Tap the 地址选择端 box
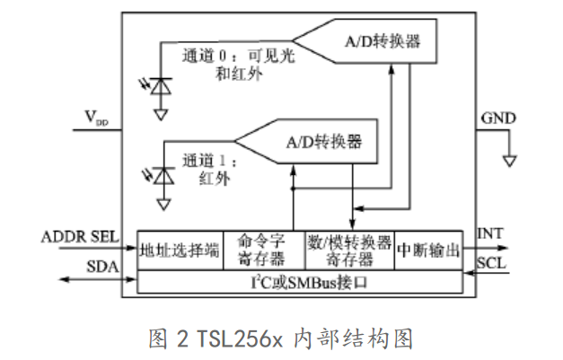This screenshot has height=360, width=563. (x=180, y=250)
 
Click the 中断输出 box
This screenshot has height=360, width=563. (x=428, y=250)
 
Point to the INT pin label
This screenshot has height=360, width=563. (x=489, y=234)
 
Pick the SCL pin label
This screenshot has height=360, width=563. (x=491, y=264)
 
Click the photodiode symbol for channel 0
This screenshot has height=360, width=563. (x=161, y=86)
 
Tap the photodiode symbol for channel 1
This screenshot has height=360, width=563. (x=163, y=177)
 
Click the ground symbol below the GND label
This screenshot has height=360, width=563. (x=509, y=161)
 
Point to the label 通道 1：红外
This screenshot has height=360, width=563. (x=208, y=170)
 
